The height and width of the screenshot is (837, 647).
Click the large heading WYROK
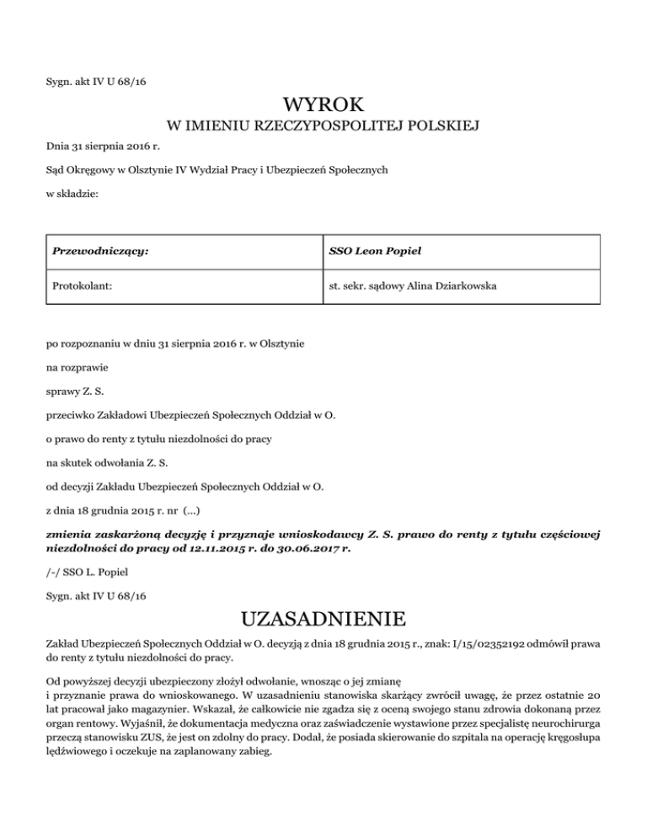tap(323, 105)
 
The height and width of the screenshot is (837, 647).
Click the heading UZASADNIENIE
tap(323, 621)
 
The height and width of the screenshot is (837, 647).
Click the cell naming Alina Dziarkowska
tap(413, 286)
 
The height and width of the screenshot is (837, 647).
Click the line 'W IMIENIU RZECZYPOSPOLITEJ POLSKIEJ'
tap(323, 127)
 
